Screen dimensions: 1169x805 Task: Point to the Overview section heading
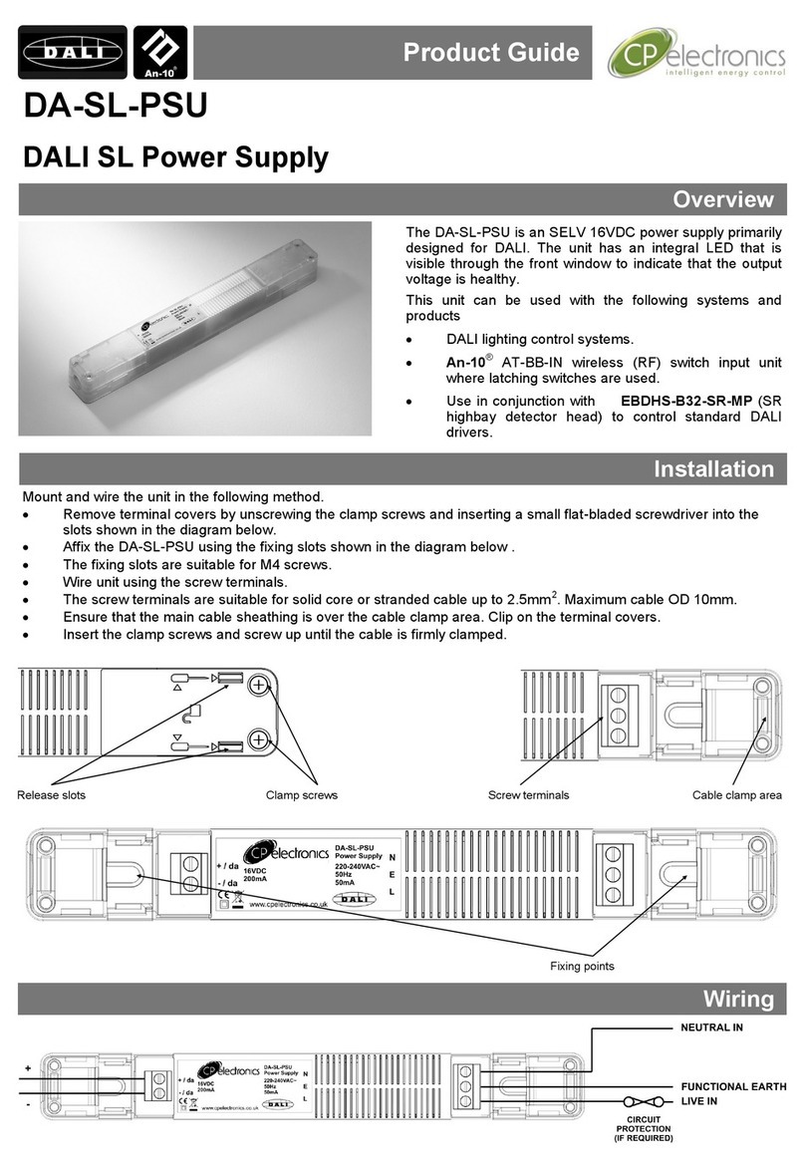pyautogui.click(x=723, y=199)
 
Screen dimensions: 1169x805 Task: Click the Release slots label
pyautogui.click(x=52, y=795)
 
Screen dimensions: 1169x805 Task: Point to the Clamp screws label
pyautogui.click(x=302, y=795)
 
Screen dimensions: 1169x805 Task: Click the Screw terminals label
pyautogui.click(x=528, y=795)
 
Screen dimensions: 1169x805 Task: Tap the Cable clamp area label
pyautogui.click(x=738, y=795)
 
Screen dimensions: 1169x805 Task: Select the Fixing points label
pyautogui.click(x=583, y=966)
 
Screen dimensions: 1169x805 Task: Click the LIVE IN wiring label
pyautogui.click(x=699, y=1103)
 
